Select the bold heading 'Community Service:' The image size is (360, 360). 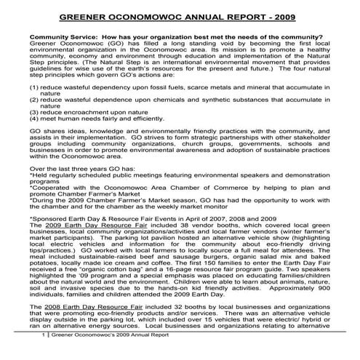[x=65, y=37]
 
